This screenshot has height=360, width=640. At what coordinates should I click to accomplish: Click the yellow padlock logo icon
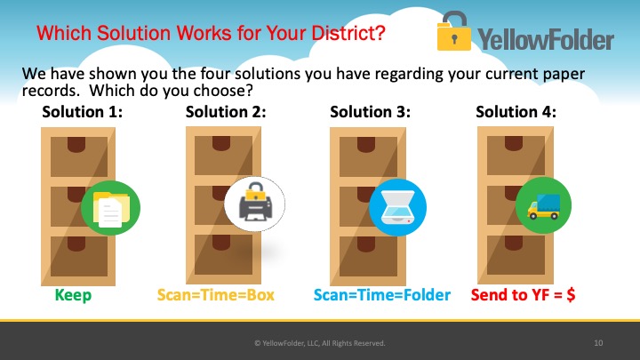453,31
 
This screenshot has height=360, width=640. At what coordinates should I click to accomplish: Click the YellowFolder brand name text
546,40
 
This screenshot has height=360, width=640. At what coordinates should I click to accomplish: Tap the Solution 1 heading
83,112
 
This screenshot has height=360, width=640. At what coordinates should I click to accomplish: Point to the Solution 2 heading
226,112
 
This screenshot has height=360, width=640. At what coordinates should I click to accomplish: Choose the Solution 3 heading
370,112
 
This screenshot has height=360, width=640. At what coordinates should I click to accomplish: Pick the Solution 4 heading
516,112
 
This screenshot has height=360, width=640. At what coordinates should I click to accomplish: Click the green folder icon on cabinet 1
110,208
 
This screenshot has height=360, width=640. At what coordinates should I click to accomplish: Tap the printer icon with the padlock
255,204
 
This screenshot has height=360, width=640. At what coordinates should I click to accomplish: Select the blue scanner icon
398,207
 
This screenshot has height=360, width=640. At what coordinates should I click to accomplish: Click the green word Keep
73,295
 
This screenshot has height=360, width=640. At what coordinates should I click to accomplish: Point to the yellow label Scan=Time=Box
215,295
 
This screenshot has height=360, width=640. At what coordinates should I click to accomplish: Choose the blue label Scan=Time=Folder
382,295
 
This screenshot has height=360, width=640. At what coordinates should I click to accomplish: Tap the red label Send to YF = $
523,294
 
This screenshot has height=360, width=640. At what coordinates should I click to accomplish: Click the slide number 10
598,343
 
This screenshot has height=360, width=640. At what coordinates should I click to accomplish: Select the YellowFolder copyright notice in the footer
320,343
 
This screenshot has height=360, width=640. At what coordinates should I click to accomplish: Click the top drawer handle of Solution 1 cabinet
76,145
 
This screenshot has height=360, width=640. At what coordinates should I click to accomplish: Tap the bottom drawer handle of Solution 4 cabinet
514,243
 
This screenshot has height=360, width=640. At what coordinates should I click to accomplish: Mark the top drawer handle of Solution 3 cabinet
366,145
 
